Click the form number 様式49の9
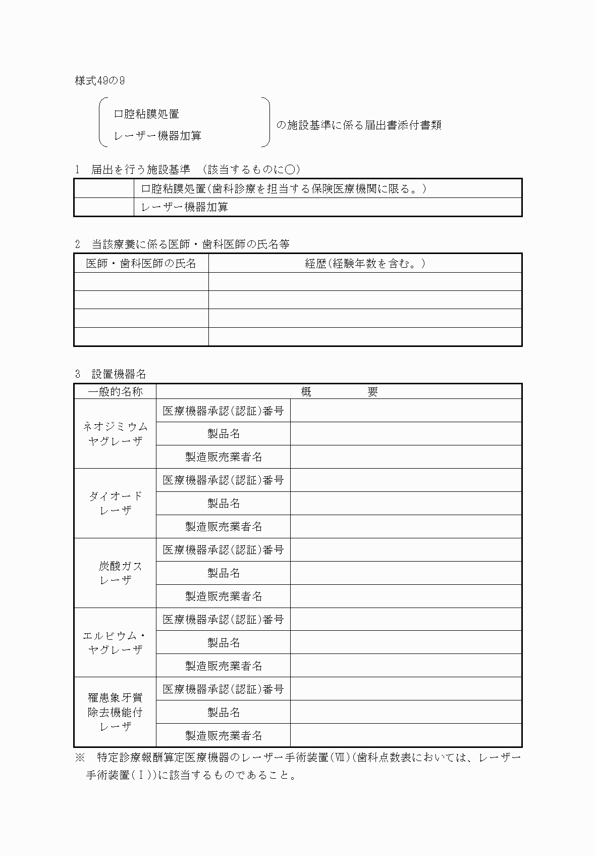100,81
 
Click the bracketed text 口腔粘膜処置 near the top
146,114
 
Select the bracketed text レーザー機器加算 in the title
157,136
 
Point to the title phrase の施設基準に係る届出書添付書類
358,125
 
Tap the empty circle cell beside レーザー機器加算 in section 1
104,207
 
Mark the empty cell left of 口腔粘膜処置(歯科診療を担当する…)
104,188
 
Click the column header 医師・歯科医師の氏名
141,263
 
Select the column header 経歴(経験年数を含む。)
365,263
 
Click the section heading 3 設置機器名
111,374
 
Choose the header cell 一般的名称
115,391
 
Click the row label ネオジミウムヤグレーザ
115,434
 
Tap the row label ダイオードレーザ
115,503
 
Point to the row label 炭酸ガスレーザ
115,573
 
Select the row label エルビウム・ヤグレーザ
115,642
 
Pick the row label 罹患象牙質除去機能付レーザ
115,712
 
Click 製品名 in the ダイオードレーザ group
224,503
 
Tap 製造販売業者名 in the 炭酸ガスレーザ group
224,596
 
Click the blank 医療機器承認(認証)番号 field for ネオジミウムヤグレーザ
406,411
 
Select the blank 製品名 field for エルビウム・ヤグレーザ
406,642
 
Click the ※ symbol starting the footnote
81,758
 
